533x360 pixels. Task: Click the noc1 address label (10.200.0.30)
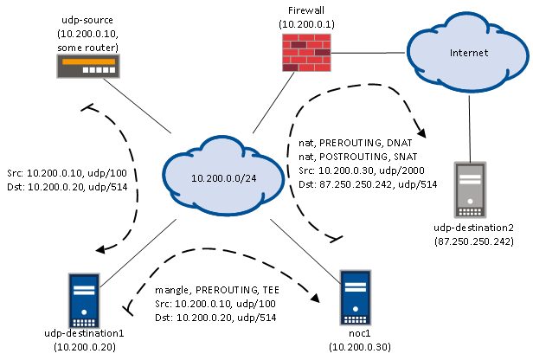pos(359,348)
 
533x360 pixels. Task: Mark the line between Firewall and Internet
pos(372,53)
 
